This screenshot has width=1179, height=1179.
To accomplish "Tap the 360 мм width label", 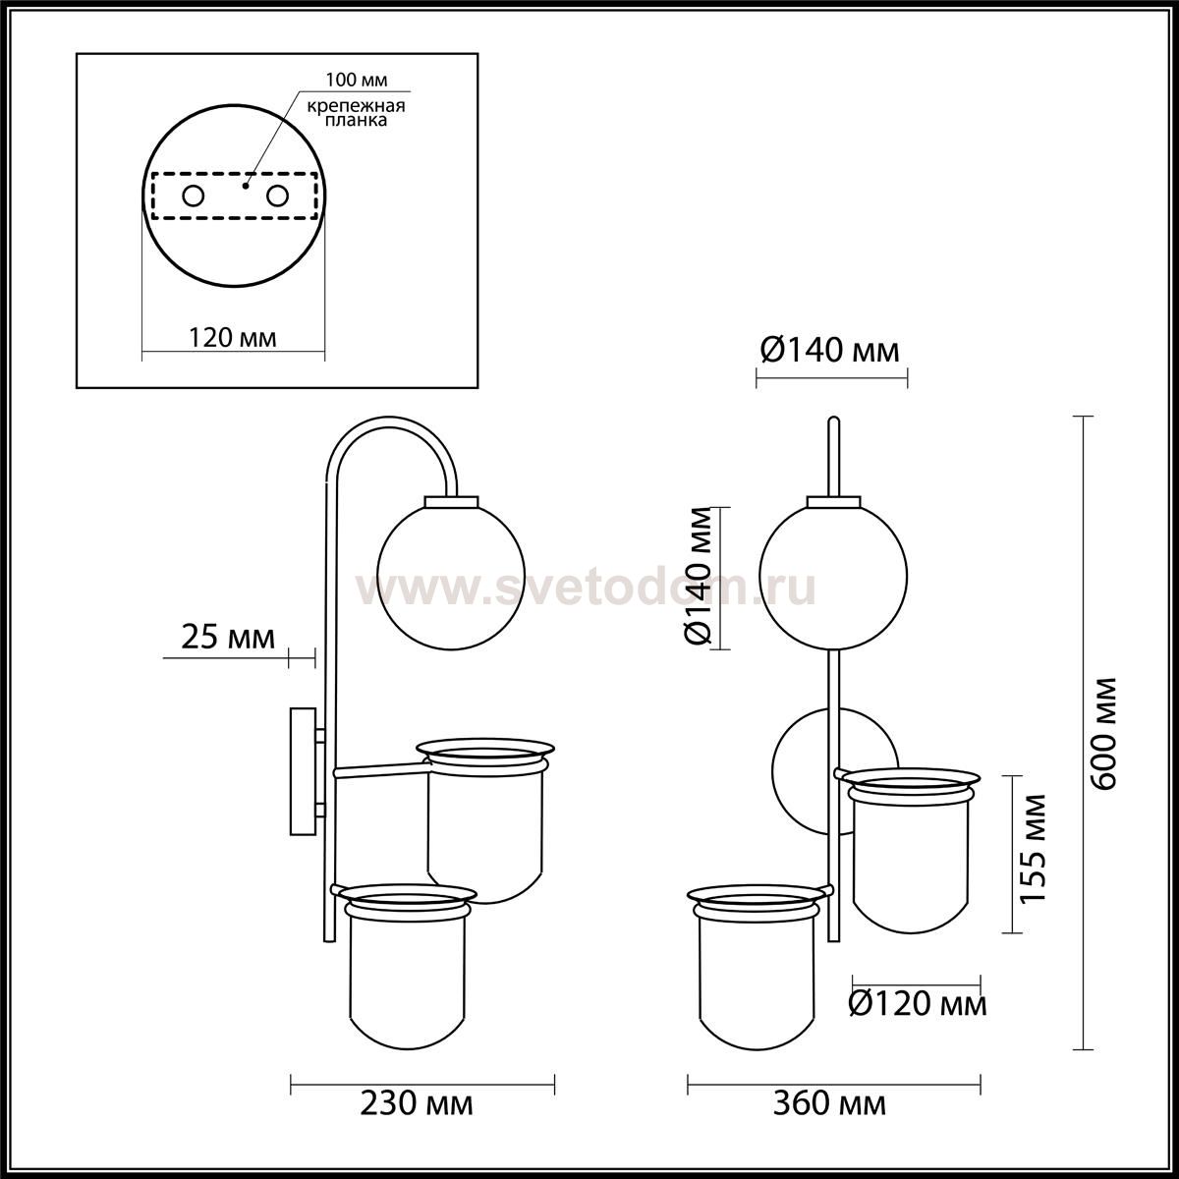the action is pyautogui.click(x=829, y=1120).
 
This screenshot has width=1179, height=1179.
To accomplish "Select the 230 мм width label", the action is pyautogui.click(x=417, y=1120).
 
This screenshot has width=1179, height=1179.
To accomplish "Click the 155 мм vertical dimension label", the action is pyautogui.click(x=1033, y=848).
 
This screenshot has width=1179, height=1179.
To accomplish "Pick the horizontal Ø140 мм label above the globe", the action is pyautogui.click(x=829, y=351).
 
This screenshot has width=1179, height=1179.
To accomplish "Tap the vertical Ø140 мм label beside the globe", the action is pyautogui.click(x=698, y=577).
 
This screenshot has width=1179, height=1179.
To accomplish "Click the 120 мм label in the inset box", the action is pyautogui.click(x=233, y=338).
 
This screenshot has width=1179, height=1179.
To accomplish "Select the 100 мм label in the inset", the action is pyautogui.click(x=356, y=80).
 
